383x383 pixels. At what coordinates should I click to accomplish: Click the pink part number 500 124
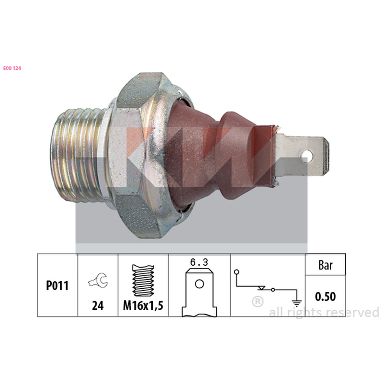pyautogui.click(x=12, y=68)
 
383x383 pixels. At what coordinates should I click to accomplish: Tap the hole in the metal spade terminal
pyautogui.click(x=307, y=156)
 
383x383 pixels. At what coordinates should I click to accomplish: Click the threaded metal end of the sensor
pyautogui.click(x=79, y=155)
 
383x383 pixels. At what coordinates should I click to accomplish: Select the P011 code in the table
pyautogui.click(x=57, y=285)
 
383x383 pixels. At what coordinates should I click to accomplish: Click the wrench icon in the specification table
pyautogui.click(x=98, y=280)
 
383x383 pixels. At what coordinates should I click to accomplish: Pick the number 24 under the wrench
pyautogui.click(x=98, y=305)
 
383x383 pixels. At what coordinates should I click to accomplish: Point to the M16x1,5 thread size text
pyautogui.click(x=143, y=305)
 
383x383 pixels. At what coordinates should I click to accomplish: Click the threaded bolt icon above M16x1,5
pyautogui.click(x=143, y=281)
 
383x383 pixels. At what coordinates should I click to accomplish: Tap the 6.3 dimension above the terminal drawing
pyautogui.click(x=199, y=262)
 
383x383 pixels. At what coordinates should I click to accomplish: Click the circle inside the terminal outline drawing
pyautogui.click(x=199, y=284)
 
